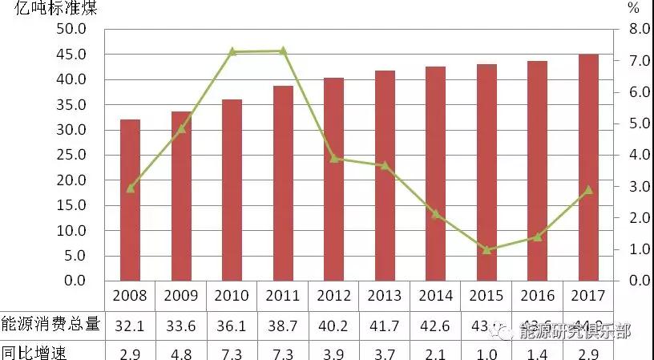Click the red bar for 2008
[x=130, y=200]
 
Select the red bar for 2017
[x=588, y=168]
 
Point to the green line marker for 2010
[x=232, y=51]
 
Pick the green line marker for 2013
[x=385, y=165]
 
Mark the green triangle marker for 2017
[x=588, y=190]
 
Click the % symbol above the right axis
[x=634, y=10]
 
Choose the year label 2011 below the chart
[x=283, y=295]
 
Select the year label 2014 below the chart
[x=435, y=295]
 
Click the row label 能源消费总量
[x=50, y=324]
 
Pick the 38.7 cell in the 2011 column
[x=283, y=325]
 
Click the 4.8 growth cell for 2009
[x=181, y=351]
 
